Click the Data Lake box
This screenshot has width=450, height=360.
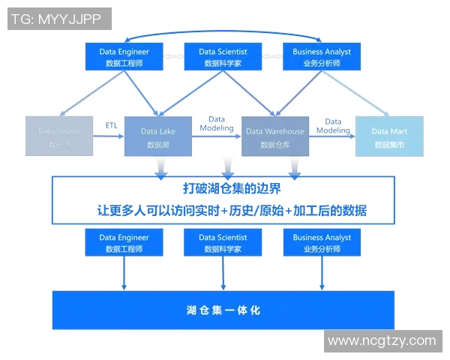tap(158, 136)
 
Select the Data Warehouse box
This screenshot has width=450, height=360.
tap(275, 136)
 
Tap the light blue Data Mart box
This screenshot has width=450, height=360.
tap(389, 136)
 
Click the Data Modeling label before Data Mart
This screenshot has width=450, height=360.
tap(333, 126)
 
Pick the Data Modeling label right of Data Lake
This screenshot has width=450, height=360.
tap(217, 124)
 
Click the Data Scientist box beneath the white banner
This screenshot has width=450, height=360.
tap(223, 243)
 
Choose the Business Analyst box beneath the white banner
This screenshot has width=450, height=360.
tap(321, 243)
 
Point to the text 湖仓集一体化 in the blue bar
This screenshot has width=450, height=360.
tap(223, 310)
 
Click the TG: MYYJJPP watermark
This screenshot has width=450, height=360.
tap(59, 19)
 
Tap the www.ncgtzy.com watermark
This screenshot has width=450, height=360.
tap(382, 340)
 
